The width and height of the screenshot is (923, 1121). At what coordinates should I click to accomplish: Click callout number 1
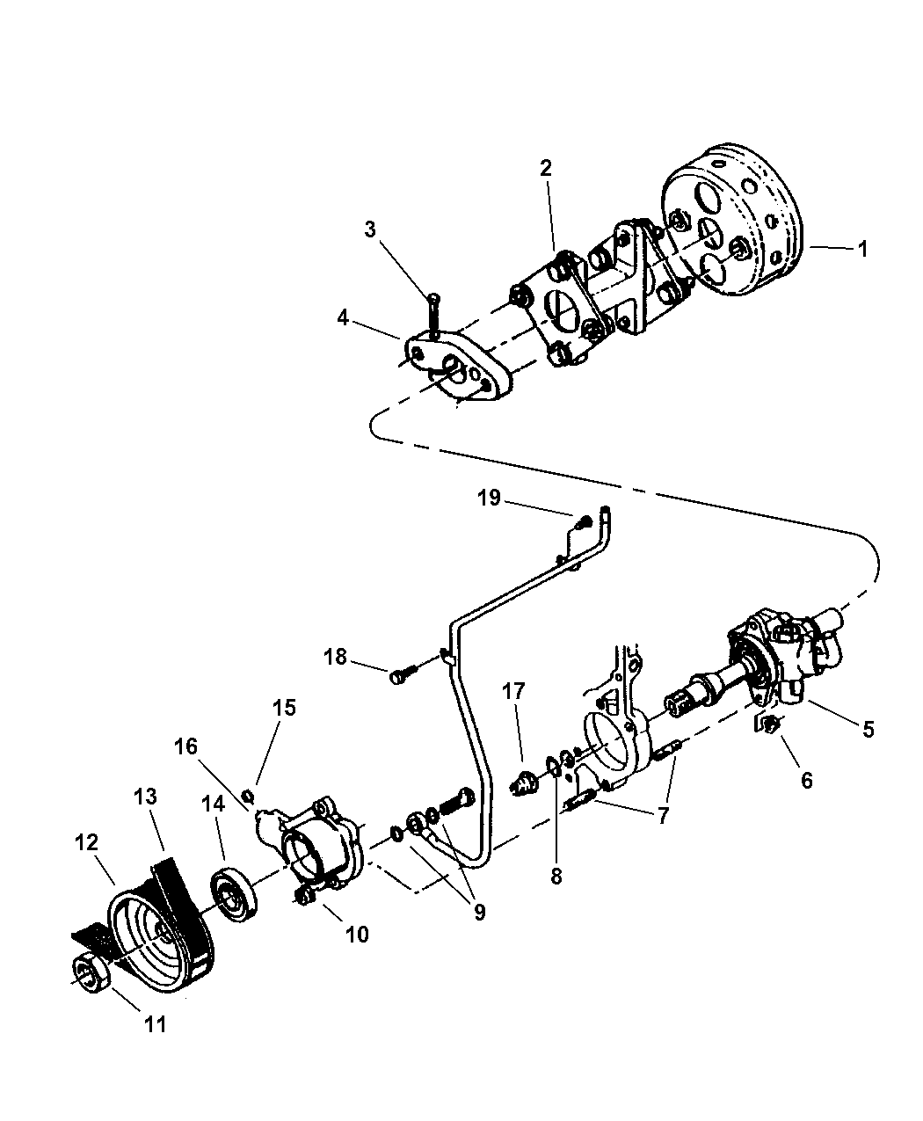(862, 249)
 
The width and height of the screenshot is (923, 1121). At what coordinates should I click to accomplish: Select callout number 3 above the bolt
(371, 230)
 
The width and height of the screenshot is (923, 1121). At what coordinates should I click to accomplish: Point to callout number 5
(868, 729)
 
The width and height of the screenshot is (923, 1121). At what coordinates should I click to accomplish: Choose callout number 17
(514, 692)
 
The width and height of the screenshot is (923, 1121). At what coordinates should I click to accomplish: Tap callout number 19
(489, 498)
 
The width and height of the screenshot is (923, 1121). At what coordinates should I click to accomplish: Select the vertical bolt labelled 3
(433, 313)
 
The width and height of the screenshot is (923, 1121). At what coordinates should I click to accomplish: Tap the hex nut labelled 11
(91, 973)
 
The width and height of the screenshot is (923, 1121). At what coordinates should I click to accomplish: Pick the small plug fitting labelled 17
(526, 781)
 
